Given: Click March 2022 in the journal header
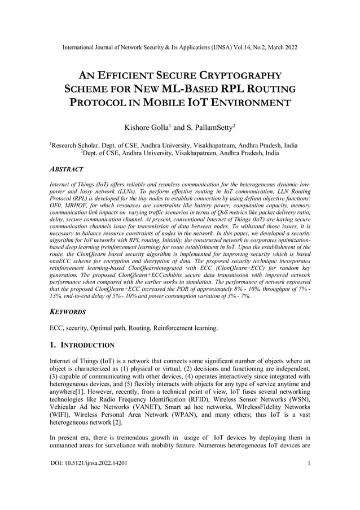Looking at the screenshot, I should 282,47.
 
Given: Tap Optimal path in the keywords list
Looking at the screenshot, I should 118,328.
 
